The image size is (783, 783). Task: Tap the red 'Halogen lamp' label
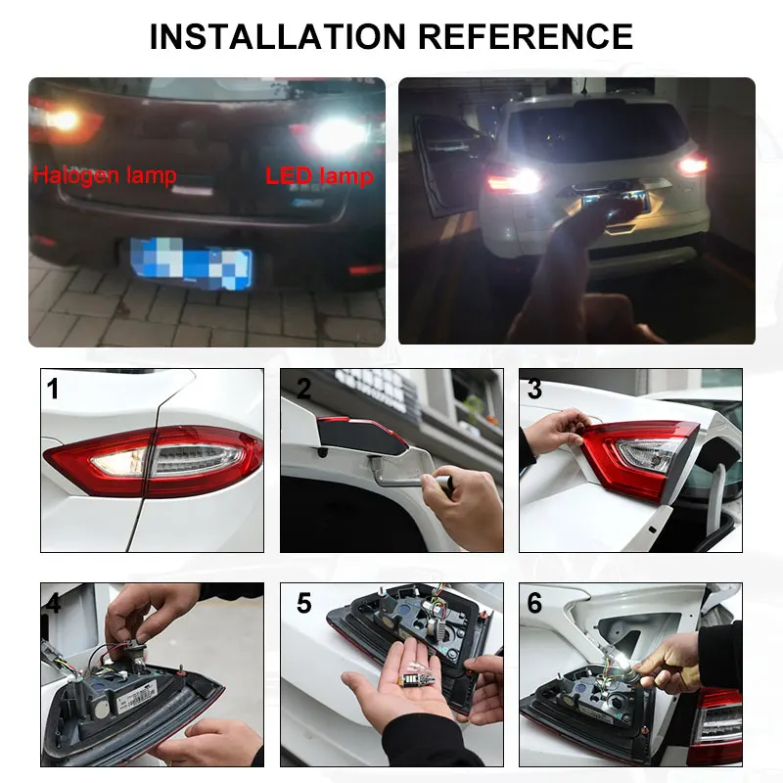pos(105,176)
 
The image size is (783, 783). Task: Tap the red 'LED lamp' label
pos(319,176)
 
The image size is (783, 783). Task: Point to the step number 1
pos(53,390)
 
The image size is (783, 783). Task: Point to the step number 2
pos(303,390)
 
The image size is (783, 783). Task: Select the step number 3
pos(534,390)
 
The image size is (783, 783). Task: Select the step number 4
pos(53,604)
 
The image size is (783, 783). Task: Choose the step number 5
pos(303,604)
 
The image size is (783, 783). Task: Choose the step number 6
pos(534,604)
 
